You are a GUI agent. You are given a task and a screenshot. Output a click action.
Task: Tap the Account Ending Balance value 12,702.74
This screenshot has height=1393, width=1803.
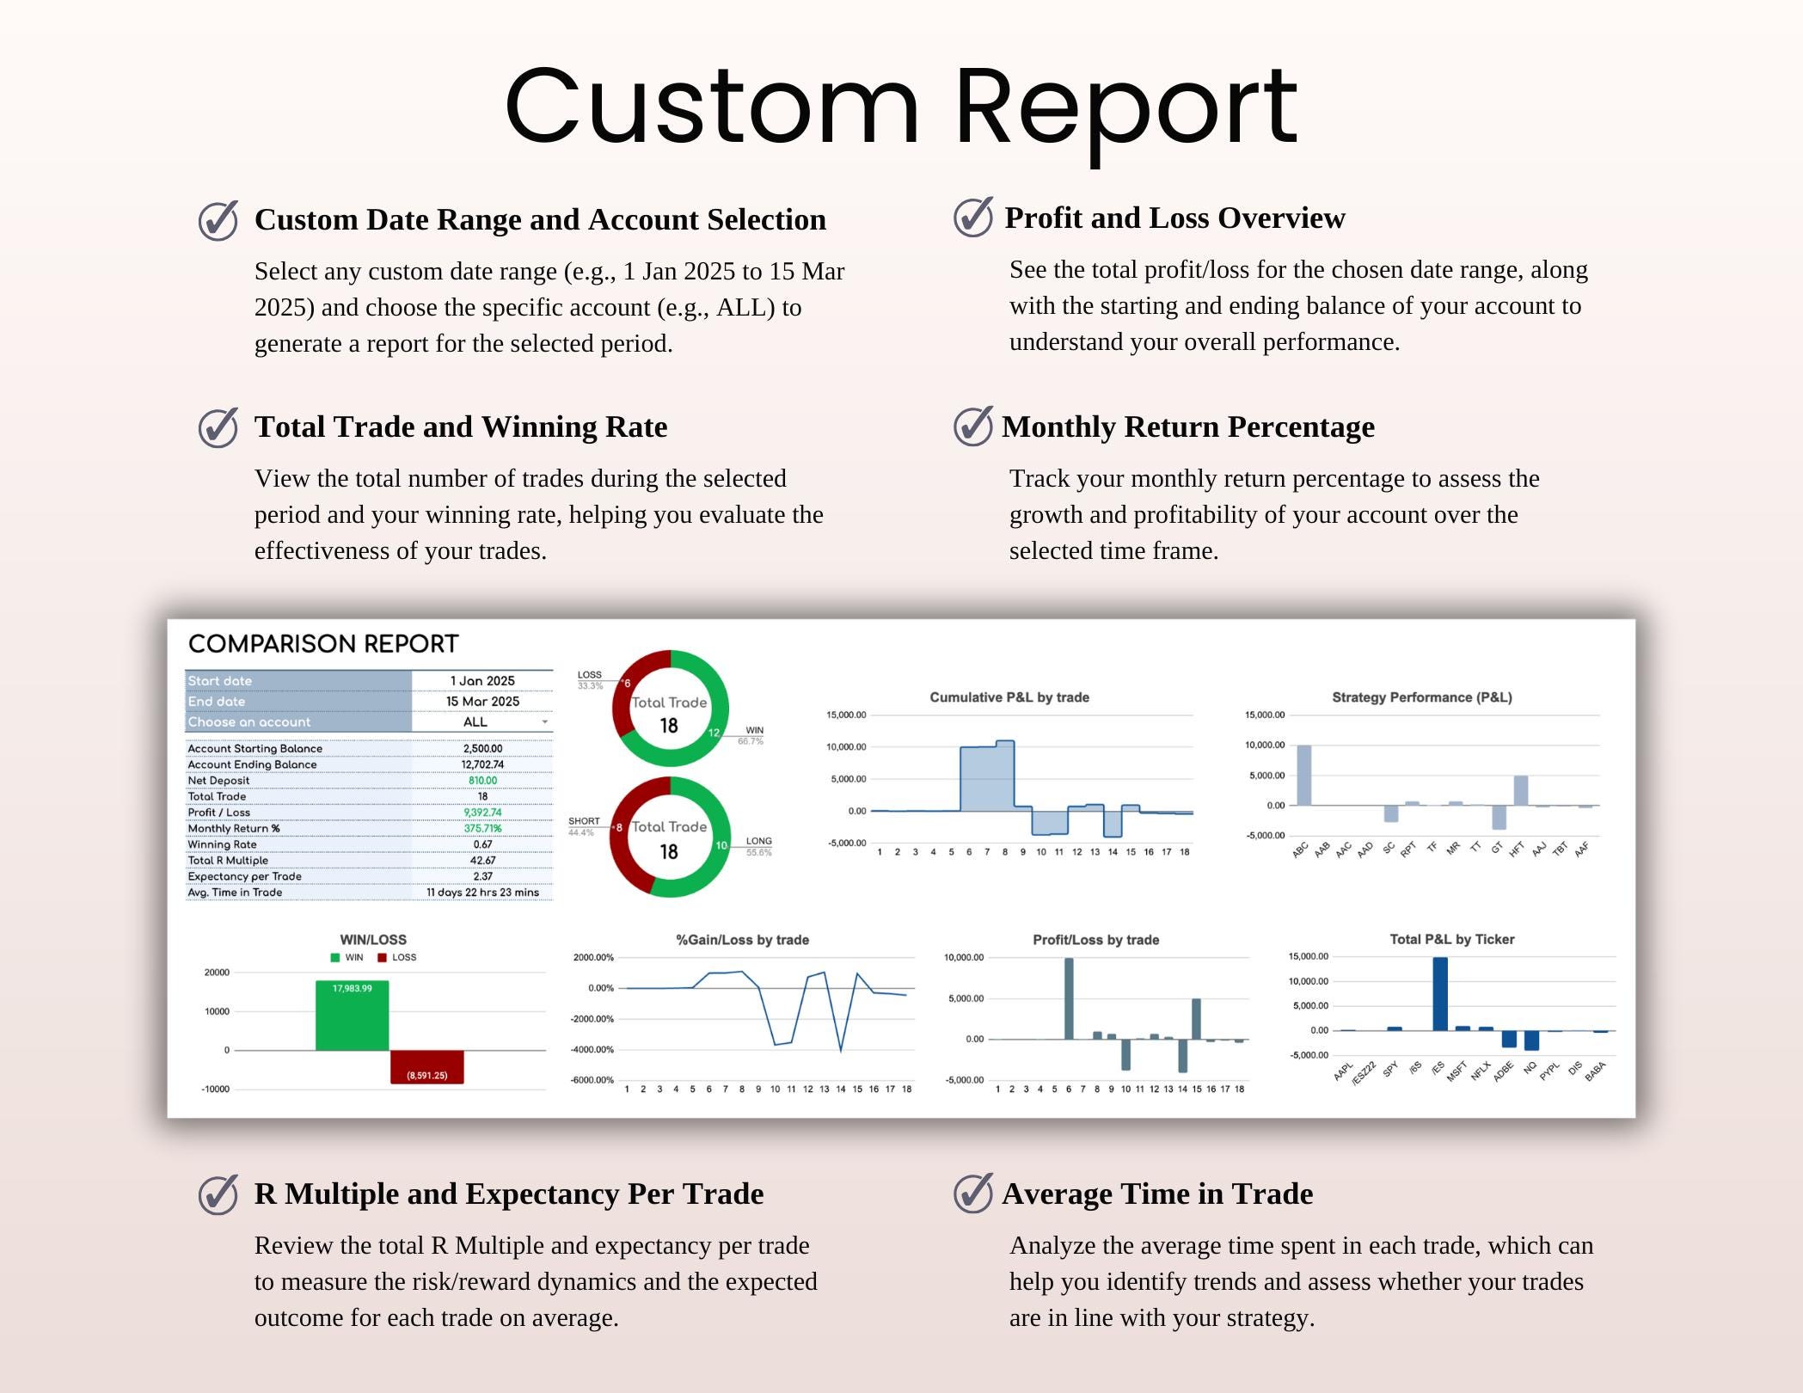tap(482, 764)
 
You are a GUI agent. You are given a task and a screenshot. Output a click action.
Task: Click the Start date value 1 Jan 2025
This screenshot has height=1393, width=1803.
tap(482, 681)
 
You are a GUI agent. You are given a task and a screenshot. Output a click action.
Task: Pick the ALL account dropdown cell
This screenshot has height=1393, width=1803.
tap(482, 722)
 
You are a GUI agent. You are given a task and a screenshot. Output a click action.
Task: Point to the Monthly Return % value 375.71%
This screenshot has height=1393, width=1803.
tap(482, 828)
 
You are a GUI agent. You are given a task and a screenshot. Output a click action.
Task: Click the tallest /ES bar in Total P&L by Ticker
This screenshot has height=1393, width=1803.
tap(1440, 994)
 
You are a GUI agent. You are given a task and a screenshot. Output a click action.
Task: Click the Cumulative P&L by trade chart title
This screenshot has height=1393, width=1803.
tap(1009, 697)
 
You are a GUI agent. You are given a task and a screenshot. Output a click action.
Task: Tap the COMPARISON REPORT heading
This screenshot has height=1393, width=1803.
tap(323, 644)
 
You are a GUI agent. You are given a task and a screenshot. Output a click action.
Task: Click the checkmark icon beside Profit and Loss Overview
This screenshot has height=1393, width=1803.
tap(972, 217)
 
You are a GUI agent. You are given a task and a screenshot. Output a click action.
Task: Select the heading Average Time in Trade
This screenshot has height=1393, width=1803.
tap(1157, 1194)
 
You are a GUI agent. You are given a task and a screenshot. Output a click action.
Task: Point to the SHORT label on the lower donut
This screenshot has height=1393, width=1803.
tap(584, 821)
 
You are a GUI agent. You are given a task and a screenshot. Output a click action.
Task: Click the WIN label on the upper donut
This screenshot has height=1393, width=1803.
tap(754, 730)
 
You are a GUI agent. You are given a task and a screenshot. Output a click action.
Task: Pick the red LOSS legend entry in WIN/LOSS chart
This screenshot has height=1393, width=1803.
tap(397, 957)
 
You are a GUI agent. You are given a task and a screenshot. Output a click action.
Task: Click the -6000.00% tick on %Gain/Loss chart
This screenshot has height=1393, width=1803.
tap(592, 1080)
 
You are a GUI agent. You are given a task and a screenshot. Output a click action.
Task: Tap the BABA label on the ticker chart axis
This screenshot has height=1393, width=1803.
tap(1595, 1071)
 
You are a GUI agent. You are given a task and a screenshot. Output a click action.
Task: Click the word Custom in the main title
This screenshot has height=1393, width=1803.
tap(712, 107)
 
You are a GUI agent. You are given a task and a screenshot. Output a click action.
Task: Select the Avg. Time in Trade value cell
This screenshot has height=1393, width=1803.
tap(482, 893)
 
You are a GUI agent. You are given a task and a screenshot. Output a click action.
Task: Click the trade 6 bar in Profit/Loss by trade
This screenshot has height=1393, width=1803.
tap(1069, 998)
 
